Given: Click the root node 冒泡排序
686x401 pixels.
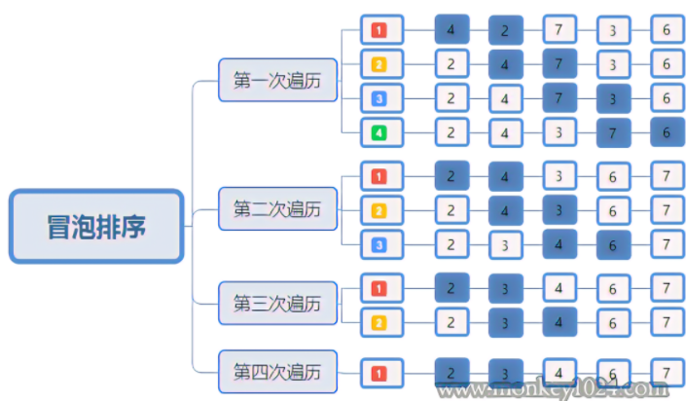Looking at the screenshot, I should [x=96, y=227].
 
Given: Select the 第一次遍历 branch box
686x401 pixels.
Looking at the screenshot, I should [x=278, y=80].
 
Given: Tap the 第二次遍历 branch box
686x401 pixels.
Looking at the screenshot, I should [x=277, y=208].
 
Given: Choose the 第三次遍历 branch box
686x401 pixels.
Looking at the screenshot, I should [x=277, y=303].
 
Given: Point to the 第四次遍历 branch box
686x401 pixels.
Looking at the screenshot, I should [x=277, y=371].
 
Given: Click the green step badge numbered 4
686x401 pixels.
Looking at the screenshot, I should [x=379, y=131].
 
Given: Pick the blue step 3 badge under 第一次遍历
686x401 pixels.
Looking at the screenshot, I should [x=379, y=97].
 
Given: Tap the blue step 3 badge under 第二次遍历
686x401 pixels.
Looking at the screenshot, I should [x=379, y=244].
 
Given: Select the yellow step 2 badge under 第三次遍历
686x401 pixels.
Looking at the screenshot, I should [x=379, y=321].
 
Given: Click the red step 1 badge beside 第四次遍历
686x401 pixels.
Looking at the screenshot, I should [x=379, y=372].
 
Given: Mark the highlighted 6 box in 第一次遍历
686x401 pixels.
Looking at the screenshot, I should [x=667, y=131].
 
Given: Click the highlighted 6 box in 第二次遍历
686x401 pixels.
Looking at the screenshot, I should [x=613, y=244].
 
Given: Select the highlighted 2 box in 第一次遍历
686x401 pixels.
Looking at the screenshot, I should [x=505, y=30].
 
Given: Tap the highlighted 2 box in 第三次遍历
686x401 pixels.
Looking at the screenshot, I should [x=451, y=288].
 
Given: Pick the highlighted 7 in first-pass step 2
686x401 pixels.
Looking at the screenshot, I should [x=559, y=64].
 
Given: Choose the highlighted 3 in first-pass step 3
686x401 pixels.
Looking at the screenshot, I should [x=613, y=97].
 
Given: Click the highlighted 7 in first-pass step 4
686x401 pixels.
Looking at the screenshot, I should [x=613, y=131].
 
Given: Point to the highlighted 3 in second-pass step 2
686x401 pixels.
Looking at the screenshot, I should [x=559, y=210].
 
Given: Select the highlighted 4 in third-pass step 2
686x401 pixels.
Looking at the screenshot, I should [x=559, y=321].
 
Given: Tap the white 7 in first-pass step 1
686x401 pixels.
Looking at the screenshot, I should [x=559, y=30].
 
